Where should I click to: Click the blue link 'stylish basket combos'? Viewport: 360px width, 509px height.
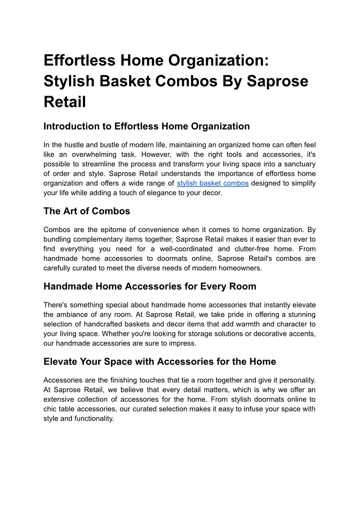click(x=212, y=184)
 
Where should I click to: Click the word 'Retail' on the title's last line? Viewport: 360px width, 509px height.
click(x=65, y=102)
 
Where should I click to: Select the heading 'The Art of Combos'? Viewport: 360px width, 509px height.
click(x=86, y=211)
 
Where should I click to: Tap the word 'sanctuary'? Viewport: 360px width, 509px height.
click(x=299, y=164)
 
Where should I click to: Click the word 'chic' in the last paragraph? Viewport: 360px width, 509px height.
click(x=51, y=409)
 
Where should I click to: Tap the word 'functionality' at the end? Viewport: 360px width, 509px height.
click(x=91, y=418)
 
